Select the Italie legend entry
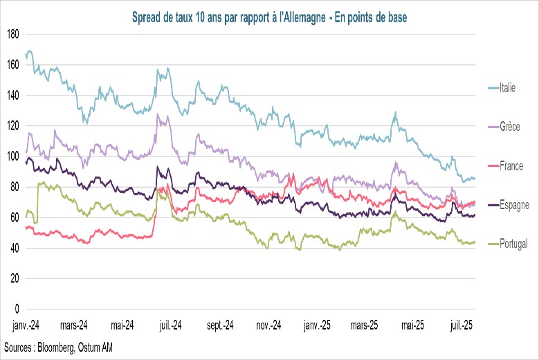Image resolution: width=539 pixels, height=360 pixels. click(508, 88)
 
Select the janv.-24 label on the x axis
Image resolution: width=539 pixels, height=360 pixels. click(26, 325)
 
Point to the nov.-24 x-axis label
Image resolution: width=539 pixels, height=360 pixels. click(266, 325)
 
